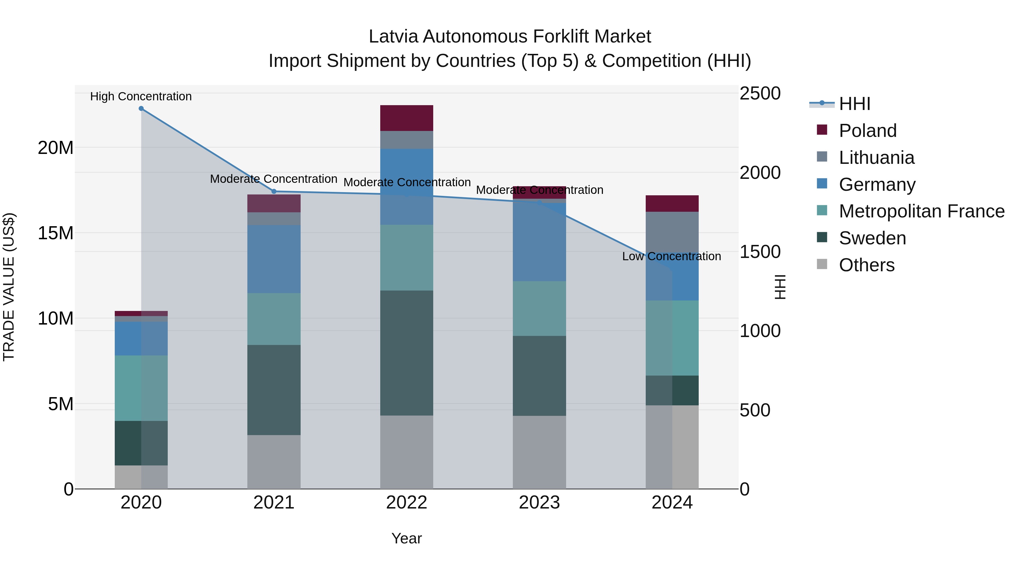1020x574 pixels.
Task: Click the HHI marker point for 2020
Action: [141, 109]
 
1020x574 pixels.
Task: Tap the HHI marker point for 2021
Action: [274, 191]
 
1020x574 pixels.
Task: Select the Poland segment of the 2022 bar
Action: [406, 118]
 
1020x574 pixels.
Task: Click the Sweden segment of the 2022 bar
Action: [406, 353]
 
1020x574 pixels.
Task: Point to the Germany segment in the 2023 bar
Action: [539, 242]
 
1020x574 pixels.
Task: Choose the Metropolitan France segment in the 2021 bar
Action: [274, 319]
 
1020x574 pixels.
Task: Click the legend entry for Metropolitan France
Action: [921, 211]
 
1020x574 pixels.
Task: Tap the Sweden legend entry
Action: [872, 238]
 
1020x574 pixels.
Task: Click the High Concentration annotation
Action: [141, 96]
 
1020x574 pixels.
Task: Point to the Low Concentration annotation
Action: [671, 256]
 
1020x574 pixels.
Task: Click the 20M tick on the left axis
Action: [56, 148]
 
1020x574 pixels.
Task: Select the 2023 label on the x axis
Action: [539, 503]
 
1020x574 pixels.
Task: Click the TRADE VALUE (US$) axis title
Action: [9, 287]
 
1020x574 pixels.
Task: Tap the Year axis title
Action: [406, 538]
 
